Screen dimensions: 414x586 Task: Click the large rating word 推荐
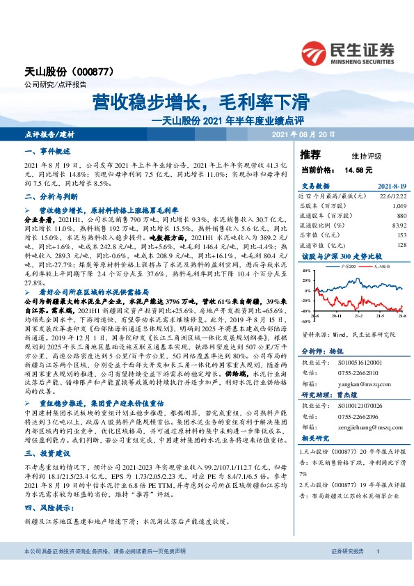[310, 155]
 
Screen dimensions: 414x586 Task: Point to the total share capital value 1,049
[399, 207]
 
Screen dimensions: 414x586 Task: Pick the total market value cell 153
[400, 235]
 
